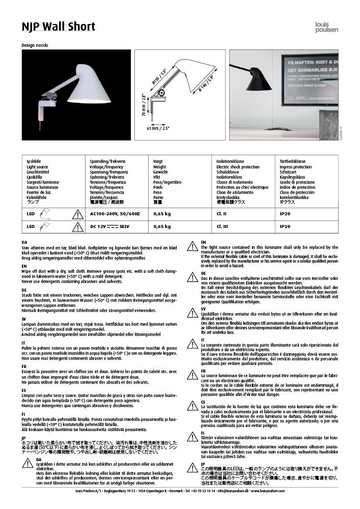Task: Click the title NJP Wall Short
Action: point(59,26)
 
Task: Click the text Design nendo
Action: point(35,45)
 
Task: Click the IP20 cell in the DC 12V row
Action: point(285,226)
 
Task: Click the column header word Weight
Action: point(159,167)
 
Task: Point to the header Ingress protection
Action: point(296,167)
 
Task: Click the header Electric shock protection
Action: point(238,167)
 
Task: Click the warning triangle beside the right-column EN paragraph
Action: point(192,246)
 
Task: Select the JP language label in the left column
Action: point(24,437)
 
